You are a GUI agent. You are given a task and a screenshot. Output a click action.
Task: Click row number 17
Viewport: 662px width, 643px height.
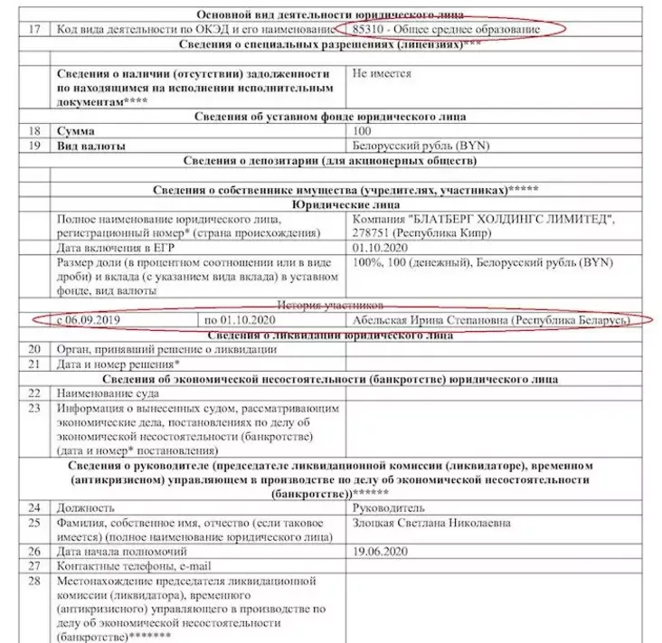click(x=35, y=30)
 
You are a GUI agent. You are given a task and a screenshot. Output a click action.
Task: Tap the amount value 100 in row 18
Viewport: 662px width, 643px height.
click(x=362, y=131)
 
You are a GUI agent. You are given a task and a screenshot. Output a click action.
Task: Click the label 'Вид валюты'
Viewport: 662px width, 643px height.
click(x=91, y=146)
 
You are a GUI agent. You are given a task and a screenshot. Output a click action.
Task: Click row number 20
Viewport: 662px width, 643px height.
click(x=35, y=349)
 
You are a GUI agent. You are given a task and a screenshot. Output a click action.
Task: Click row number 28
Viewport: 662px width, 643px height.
click(x=35, y=580)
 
